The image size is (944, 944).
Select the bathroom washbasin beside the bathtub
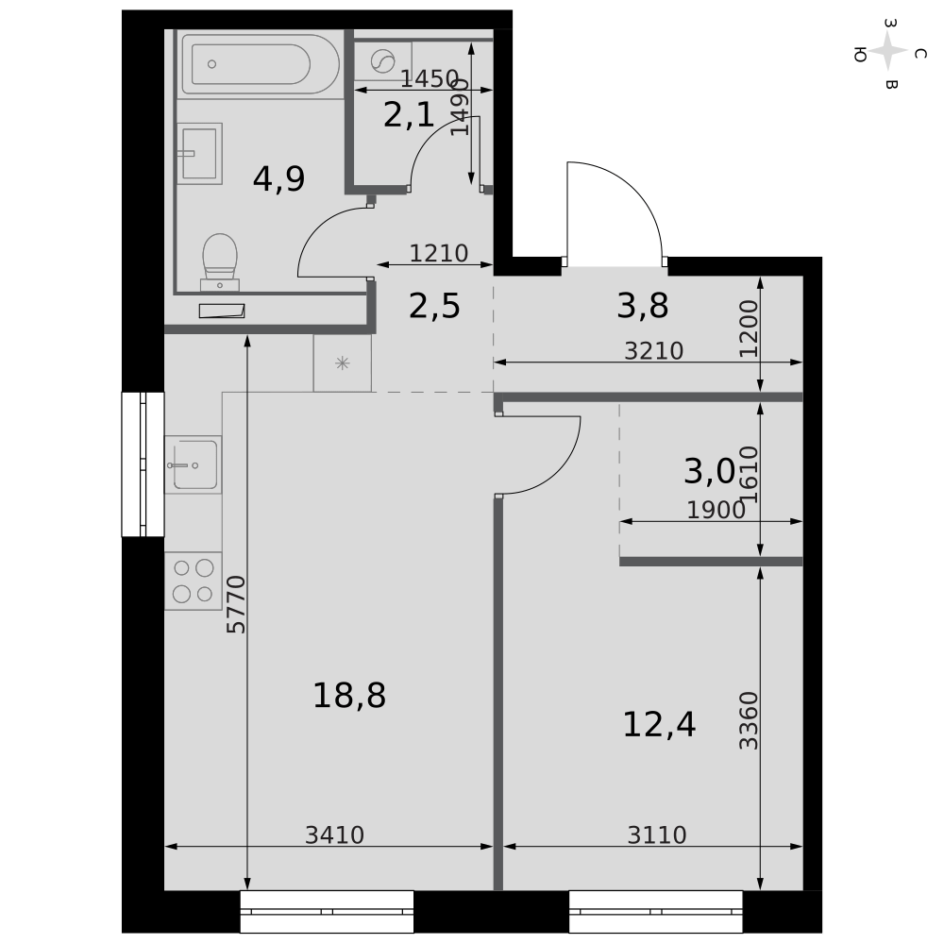click(x=199, y=154)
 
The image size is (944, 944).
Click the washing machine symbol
click(x=382, y=60)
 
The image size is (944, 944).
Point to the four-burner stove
click(x=194, y=581)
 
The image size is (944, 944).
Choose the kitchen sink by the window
click(x=194, y=464)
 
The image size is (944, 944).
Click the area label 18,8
click(x=349, y=696)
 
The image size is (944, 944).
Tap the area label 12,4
click(x=659, y=724)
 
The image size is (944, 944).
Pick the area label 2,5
click(x=434, y=306)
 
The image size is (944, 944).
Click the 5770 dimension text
click(x=237, y=604)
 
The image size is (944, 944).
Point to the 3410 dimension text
click(x=335, y=835)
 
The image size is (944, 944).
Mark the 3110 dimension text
click(x=657, y=835)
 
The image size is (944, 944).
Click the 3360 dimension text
click(x=749, y=720)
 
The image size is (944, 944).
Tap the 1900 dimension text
click(x=716, y=510)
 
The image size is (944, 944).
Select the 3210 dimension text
click(x=654, y=351)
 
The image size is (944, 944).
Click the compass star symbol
click(x=888, y=52)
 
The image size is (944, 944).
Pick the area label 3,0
click(x=709, y=471)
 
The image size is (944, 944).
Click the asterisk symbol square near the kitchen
click(x=342, y=363)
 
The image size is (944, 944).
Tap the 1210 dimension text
click(x=439, y=253)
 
